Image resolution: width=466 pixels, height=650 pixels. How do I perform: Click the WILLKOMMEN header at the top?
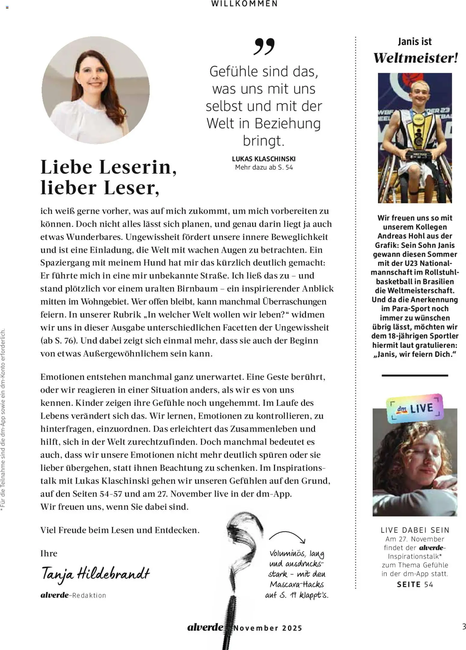pyautogui.click(x=244, y=4)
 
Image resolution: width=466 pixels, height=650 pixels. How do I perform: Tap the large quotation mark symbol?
pyautogui.click(x=264, y=47)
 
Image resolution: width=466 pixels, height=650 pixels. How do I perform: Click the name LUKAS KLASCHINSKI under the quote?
pyautogui.click(x=264, y=159)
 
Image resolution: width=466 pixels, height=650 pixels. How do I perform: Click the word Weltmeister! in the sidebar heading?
pyautogui.click(x=415, y=58)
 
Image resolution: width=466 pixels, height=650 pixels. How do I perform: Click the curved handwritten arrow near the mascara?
pyautogui.click(x=287, y=537)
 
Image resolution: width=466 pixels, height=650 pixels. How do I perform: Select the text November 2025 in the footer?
pyautogui.click(x=268, y=628)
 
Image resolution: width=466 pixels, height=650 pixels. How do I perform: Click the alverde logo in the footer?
pyautogui.click(x=205, y=627)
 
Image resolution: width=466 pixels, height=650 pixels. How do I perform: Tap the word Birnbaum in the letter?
pyautogui.click(x=197, y=289)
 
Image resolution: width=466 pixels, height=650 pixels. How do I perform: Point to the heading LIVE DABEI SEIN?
pyautogui.click(x=415, y=530)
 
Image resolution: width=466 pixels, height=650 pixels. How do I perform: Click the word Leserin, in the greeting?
pyautogui.click(x=138, y=167)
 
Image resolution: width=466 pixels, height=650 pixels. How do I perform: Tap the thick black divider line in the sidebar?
pyautogui.click(x=415, y=375)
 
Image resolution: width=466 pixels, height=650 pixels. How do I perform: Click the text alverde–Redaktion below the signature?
pyautogui.click(x=73, y=595)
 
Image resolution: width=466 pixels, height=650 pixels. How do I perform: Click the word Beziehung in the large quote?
pyautogui.click(x=288, y=124)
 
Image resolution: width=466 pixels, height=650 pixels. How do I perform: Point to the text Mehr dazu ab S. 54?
pyautogui.click(x=264, y=167)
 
